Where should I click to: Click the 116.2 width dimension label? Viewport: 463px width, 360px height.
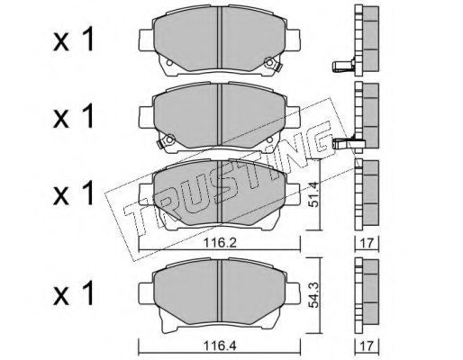click(220, 242)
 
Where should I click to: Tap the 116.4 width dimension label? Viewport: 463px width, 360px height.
click(220, 346)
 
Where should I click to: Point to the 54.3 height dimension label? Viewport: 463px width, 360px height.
click(313, 295)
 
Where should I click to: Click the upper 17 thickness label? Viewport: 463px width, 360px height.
click(367, 243)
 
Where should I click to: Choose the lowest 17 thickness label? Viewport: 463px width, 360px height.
click(367, 346)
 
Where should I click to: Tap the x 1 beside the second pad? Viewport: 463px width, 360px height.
click(74, 117)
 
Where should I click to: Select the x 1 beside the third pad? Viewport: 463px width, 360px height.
click(74, 194)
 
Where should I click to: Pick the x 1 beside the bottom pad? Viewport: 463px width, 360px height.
click(74, 293)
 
